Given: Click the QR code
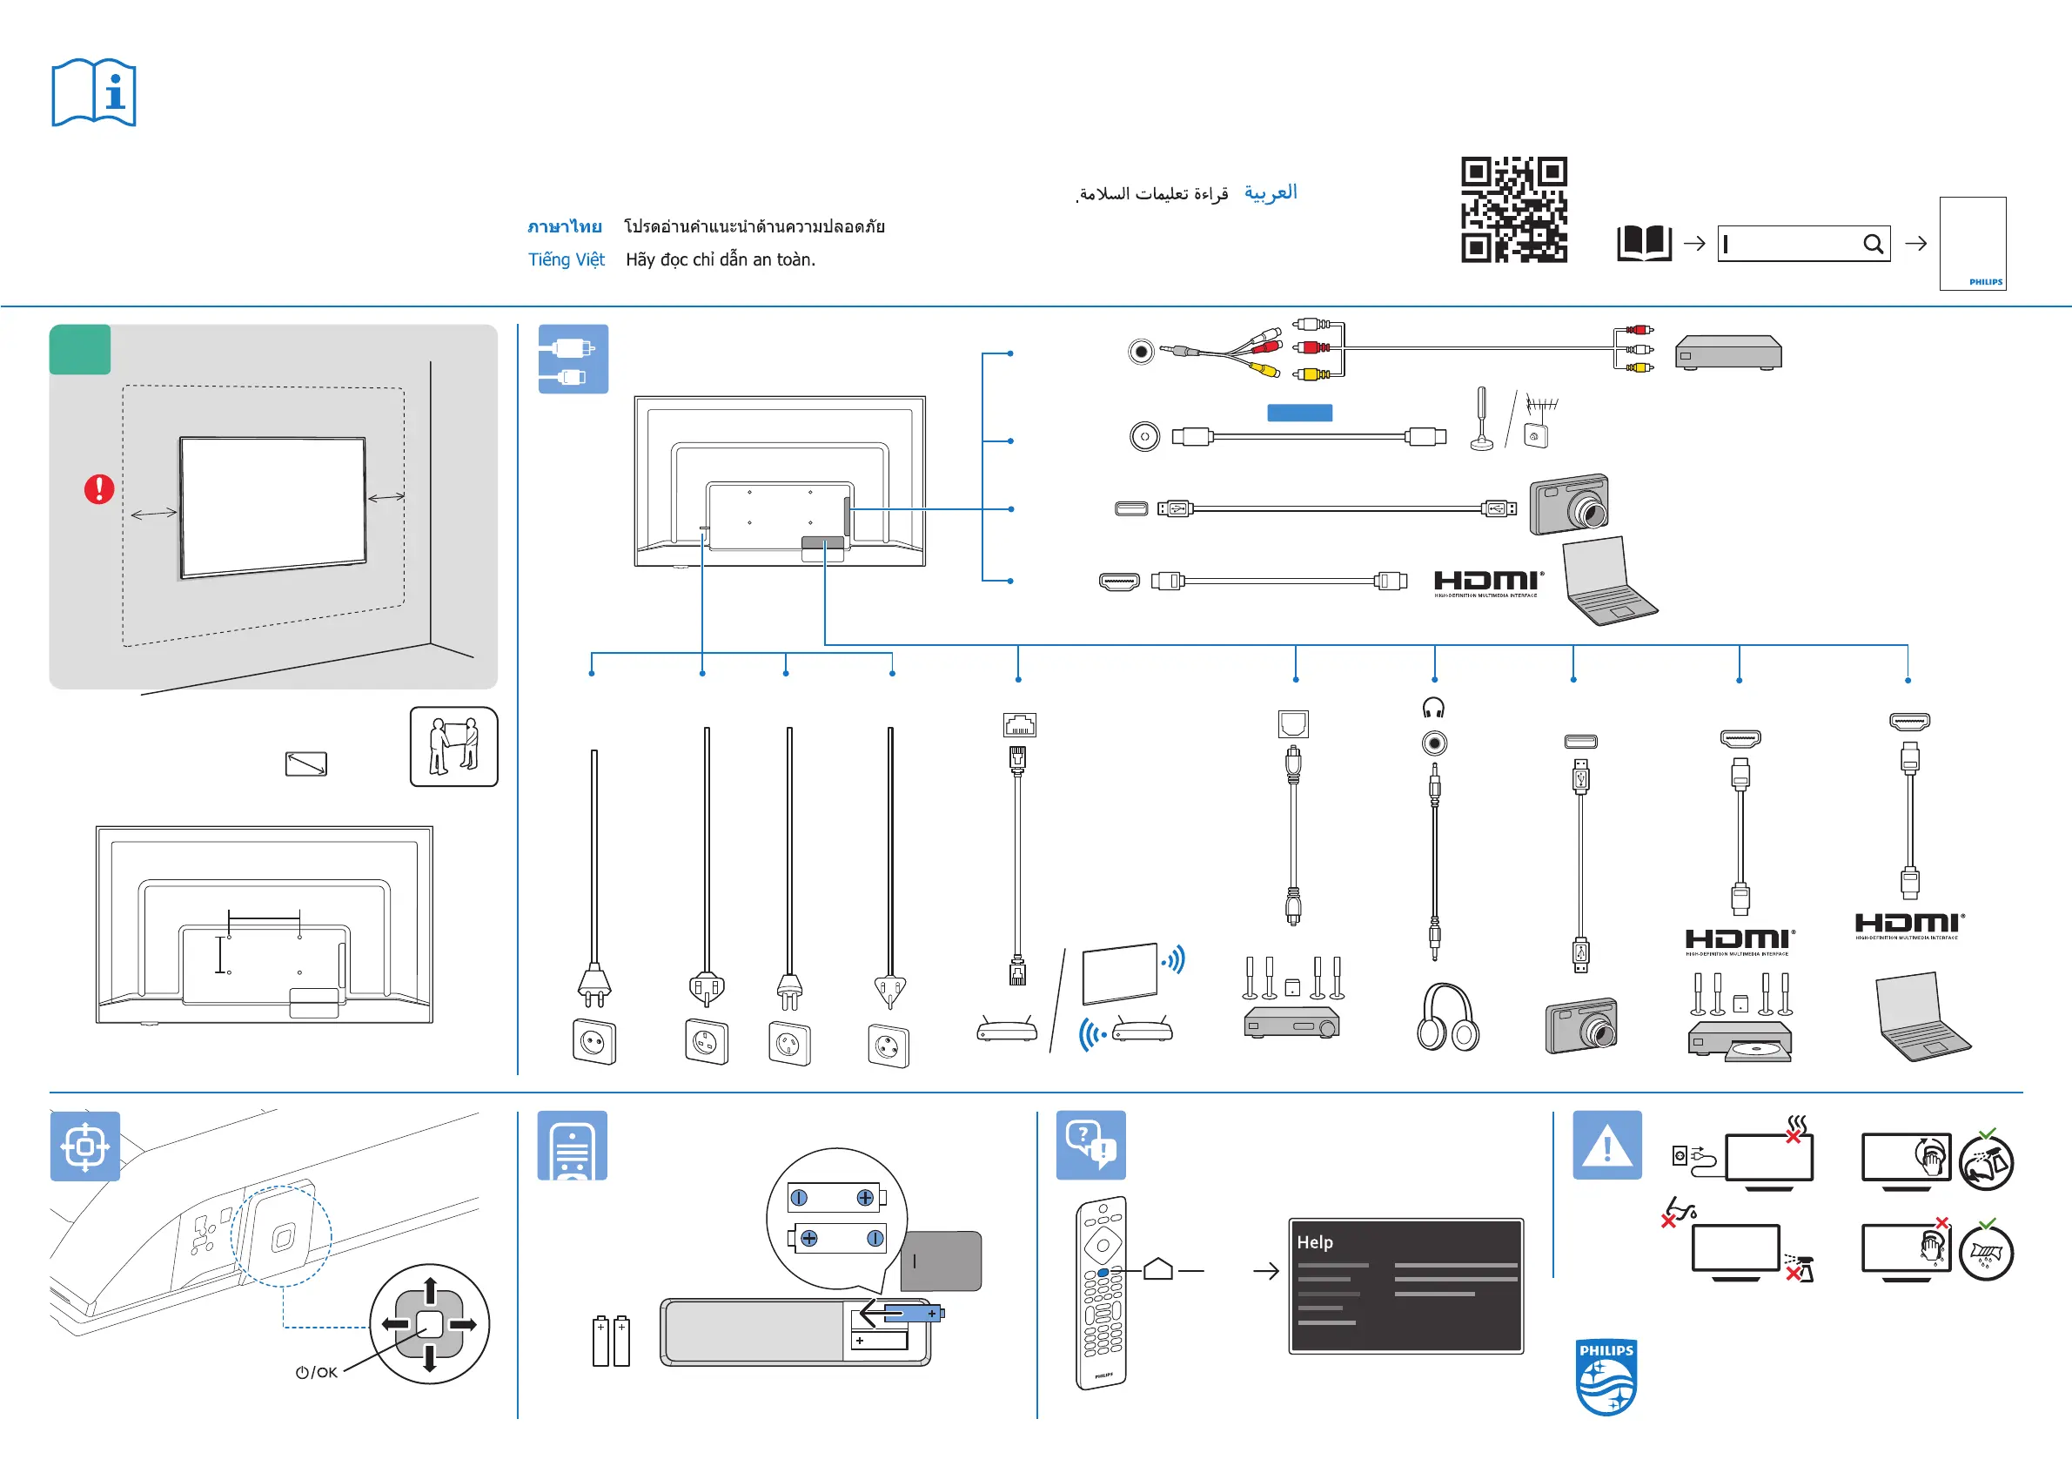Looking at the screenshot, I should pos(1513,210).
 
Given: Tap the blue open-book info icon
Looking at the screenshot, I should pos(94,93).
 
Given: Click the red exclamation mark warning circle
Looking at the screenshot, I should pos(99,489).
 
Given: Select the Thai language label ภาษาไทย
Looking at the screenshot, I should pos(565,226).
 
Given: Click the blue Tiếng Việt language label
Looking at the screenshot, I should pos(566,260).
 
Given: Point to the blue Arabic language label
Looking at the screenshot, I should pos(1270,192).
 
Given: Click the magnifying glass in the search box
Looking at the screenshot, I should pos(1873,244).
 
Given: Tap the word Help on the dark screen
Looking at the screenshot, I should pos(1314,1242).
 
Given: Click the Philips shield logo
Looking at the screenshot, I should pos(1606,1376).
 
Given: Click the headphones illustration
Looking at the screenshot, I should pos(1447,1018).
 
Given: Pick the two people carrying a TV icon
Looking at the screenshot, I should pos(454,747).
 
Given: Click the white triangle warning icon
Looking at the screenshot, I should pos(1606,1146).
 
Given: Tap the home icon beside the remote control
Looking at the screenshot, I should pos(1157,1269).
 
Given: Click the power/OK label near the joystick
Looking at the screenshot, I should pos(317,1372).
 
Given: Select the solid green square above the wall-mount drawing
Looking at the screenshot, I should pos(80,349).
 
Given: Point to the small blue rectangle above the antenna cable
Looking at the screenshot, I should pos(1299,413).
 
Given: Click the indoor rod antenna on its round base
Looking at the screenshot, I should pos(1482,420).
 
